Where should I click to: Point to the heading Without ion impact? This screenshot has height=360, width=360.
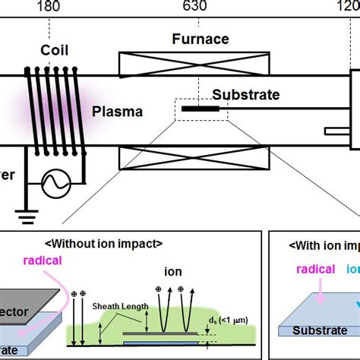[x=104, y=244]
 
